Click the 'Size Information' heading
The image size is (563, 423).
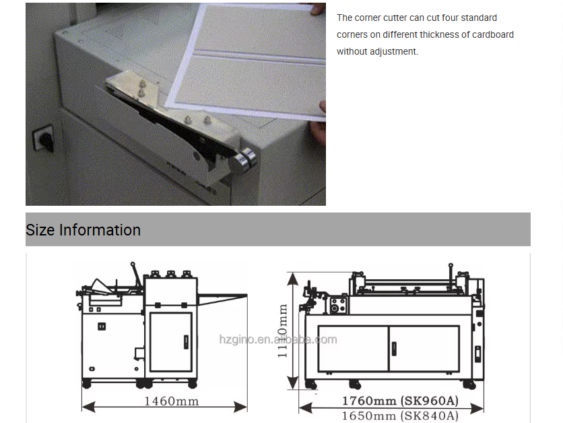pyautogui.click(x=83, y=230)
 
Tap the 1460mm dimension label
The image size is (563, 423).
pyautogui.click(x=171, y=401)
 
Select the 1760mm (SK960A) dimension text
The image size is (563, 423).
pyautogui.click(x=400, y=400)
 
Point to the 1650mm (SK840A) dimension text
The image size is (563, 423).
pyautogui.click(x=400, y=416)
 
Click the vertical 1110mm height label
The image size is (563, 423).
pyautogui.click(x=283, y=331)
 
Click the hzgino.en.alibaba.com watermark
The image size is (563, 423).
pyautogui.click(x=278, y=339)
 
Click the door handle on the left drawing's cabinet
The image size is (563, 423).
pyautogui.click(x=186, y=342)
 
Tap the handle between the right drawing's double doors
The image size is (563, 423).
pyautogui.click(x=394, y=349)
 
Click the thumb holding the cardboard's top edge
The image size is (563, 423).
pyautogui.click(x=318, y=9)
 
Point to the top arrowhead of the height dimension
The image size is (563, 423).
pyautogui.click(x=293, y=279)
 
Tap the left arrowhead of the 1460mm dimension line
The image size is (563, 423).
pyautogui.click(x=89, y=407)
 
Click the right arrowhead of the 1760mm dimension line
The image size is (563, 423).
pyautogui.click(x=477, y=409)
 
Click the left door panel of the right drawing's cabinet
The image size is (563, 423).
pyautogui.click(x=354, y=348)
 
